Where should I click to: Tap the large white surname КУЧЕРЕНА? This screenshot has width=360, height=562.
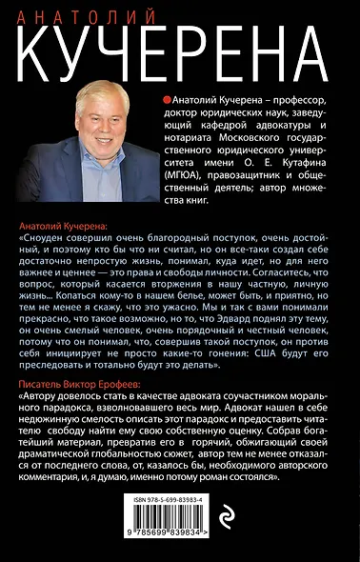click(179, 45)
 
